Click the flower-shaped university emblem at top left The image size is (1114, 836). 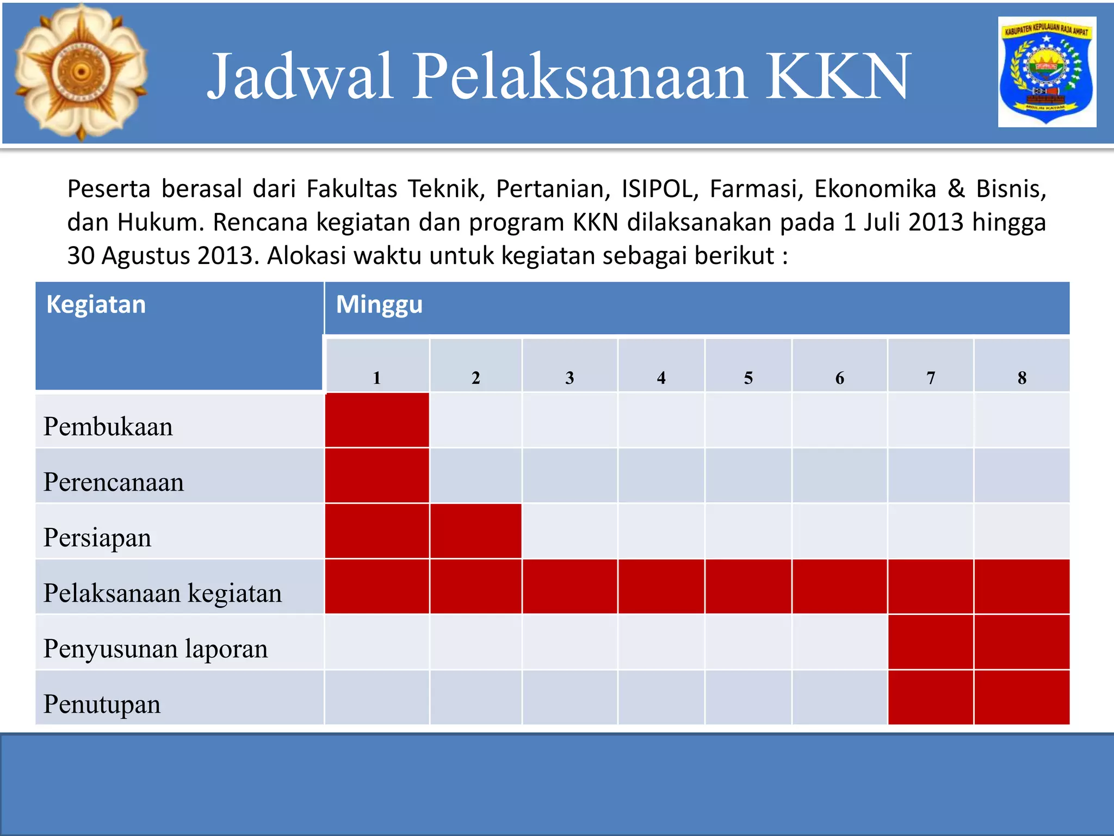click(81, 72)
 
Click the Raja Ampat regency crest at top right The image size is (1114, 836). click(1047, 72)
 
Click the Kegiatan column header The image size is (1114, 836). click(96, 304)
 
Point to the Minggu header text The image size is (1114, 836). click(379, 304)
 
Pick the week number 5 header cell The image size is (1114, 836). click(748, 377)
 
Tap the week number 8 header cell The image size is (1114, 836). click(1022, 377)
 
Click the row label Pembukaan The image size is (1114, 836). click(108, 426)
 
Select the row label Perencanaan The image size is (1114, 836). click(114, 482)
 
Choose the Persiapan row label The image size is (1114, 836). click(97, 537)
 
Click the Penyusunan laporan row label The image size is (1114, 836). click(156, 648)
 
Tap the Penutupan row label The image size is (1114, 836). click(102, 704)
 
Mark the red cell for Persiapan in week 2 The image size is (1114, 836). click(476, 531)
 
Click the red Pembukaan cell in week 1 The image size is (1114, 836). click(377, 420)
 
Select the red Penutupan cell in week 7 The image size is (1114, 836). click(931, 697)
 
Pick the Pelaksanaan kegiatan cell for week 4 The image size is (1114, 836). click(661, 587)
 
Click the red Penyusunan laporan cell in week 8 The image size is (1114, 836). click(1022, 642)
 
